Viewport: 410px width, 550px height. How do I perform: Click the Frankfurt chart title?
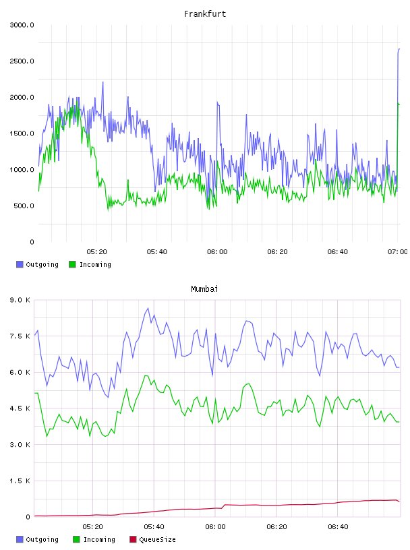pyautogui.click(x=205, y=14)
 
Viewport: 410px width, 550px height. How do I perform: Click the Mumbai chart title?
pyautogui.click(x=204, y=289)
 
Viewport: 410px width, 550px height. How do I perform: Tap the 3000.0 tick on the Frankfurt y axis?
pyautogui.click(x=22, y=25)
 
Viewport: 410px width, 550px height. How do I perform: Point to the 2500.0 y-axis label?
pyautogui.click(x=22, y=61)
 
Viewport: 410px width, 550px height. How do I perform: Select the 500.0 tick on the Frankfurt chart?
pyautogui.click(x=24, y=206)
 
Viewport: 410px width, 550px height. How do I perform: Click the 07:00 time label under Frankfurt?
pyautogui.click(x=398, y=252)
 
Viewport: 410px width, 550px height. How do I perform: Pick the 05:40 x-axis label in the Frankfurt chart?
pyautogui.click(x=157, y=252)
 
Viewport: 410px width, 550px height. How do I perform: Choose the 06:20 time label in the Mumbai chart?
pyautogui.click(x=276, y=527)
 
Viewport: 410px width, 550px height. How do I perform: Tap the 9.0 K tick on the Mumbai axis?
pyautogui.click(x=20, y=300)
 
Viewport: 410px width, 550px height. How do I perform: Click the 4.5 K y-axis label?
pyautogui.click(x=20, y=408)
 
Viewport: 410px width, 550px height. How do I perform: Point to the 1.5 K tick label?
pyautogui.click(x=20, y=481)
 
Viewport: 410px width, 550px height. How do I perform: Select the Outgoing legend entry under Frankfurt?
pyautogui.click(x=37, y=264)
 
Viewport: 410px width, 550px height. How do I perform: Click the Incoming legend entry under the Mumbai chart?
pyautogui.click(x=94, y=539)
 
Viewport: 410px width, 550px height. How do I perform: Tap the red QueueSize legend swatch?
pyautogui.click(x=133, y=539)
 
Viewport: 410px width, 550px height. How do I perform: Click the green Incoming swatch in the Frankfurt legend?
pyautogui.click(x=72, y=264)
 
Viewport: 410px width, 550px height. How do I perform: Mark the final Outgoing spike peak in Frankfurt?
pyautogui.click(x=399, y=49)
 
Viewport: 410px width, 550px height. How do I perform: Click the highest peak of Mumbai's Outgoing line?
pyautogui.click(x=148, y=308)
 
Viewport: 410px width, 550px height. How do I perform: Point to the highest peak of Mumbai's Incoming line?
pyautogui.click(x=146, y=375)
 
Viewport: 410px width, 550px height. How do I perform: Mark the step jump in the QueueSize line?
pyautogui.click(x=223, y=506)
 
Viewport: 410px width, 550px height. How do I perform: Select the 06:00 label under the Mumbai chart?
pyautogui.click(x=215, y=527)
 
